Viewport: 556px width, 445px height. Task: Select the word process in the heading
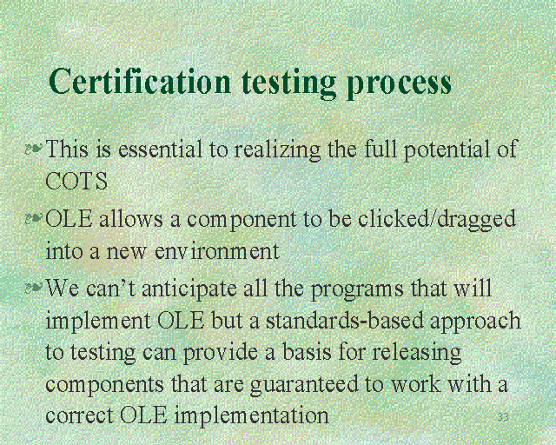[x=399, y=85]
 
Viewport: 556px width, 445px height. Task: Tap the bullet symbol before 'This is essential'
[x=34, y=149]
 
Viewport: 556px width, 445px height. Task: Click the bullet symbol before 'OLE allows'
[x=34, y=219]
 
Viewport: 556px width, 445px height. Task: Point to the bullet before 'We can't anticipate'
[x=34, y=287]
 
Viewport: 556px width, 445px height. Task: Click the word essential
[x=160, y=149]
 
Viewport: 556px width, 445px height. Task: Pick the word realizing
[x=277, y=150]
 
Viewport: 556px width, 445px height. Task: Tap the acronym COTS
[x=76, y=181]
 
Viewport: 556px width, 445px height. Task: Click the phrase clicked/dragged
[x=436, y=220]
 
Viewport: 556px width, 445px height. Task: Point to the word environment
[x=217, y=250]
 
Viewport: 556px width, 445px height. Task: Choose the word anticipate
[x=189, y=289]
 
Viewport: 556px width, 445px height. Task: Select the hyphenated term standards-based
[x=344, y=321]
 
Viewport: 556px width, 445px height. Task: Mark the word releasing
[x=417, y=354]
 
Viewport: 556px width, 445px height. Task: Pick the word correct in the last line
[x=80, y=416]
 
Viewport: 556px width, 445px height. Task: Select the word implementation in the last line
[x=252, y=416]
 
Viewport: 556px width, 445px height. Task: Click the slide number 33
[x=503, y=417]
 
